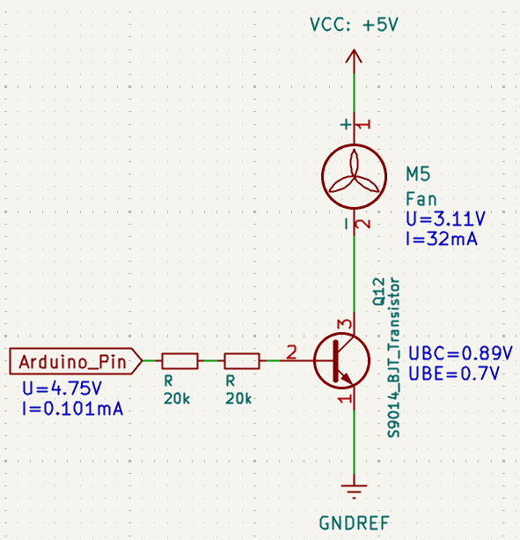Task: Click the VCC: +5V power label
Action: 354,25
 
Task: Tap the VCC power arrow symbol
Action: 354,57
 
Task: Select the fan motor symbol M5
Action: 354,177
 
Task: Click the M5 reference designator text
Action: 418,174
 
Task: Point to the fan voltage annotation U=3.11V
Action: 446,218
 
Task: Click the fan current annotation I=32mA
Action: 442,239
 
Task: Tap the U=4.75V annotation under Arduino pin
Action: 62,388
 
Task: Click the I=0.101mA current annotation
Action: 72,409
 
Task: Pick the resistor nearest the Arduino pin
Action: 179,361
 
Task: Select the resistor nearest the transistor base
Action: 242,361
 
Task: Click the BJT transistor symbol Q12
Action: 342,361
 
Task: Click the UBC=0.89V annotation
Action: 460,353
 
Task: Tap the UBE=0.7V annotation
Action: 454,374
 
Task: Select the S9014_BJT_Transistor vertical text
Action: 393,358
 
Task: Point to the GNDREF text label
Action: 355,523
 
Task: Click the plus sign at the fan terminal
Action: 346,124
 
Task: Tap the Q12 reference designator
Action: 378,292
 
